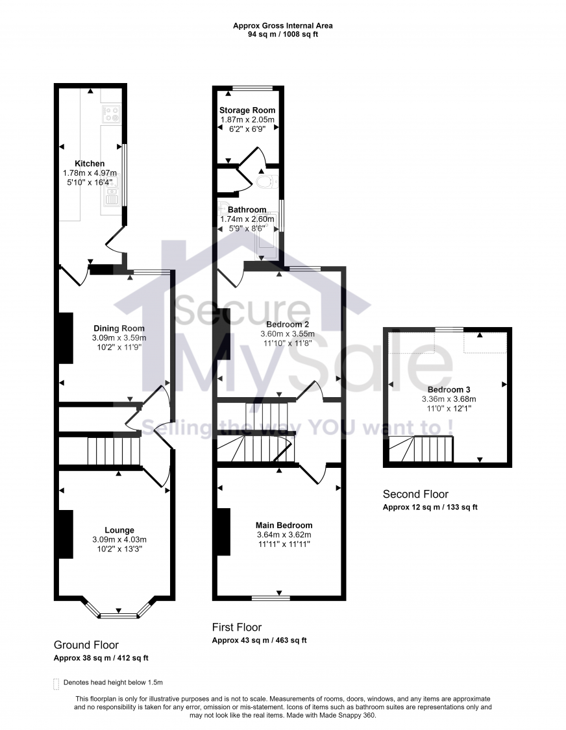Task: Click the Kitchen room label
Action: [x=90, y=164]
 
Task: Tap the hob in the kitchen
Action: [x=110, y=114]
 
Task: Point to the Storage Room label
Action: [x=247, y=110]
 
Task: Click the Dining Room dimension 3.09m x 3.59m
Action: [x=119, y=337]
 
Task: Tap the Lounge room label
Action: [x=119, y=530]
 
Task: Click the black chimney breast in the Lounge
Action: [x=66, y=534]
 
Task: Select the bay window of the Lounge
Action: [x=119, y=610]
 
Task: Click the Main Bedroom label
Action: [x=284, y=526]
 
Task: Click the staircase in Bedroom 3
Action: [x=420, y=448]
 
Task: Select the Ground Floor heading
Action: [x=86, y=645]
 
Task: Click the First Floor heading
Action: [x=237, y=627]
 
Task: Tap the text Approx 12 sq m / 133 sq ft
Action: [x=430, y=507]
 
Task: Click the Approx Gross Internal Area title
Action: [x=283, y=26]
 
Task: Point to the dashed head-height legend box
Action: [x=56, y=683]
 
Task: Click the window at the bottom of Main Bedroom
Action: [x=271, y=597]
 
